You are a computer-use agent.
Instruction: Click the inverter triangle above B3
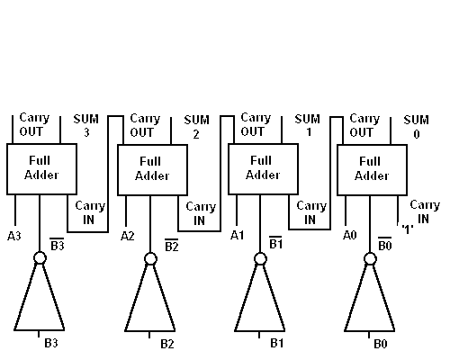pos(40,301)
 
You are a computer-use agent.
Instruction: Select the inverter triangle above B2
pos(149,301)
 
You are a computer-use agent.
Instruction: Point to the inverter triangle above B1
pos(260,301)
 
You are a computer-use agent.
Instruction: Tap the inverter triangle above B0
pos(370,301)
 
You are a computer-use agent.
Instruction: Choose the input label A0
pos(350,236)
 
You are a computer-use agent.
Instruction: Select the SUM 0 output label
pos(416,126)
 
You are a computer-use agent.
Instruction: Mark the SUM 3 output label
pos(86,126)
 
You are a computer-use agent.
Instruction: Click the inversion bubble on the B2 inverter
pos(149,258)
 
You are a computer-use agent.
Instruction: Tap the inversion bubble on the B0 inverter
pos(370,258)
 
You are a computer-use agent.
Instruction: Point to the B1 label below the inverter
pos(277,343)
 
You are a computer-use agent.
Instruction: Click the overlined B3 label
pos(57,245)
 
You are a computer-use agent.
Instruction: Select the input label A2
pos(129,236)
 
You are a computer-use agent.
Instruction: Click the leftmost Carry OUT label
pos(34,125)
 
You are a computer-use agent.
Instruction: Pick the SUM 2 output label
pos(196,126)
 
